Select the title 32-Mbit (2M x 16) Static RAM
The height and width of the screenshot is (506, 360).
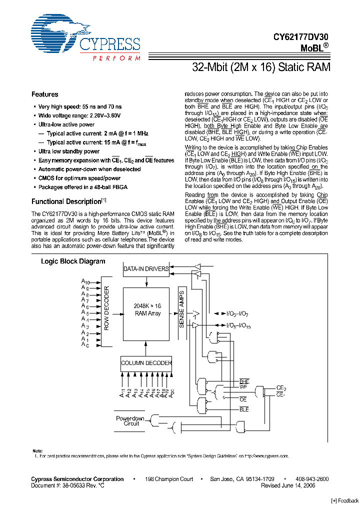pos(261,67)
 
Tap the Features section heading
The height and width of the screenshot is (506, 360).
pos(44,94)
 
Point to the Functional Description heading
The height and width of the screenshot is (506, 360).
pos(66,201)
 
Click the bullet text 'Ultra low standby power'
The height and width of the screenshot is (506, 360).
pos(69,151)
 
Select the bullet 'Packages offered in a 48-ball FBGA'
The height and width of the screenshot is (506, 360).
pos(83,187)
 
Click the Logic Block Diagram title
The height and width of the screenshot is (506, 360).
pos(73,261)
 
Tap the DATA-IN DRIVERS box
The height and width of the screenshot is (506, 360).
pos(146,269)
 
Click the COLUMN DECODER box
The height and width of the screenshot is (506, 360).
pos(146,363)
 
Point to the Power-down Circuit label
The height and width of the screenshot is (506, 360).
pos(130,421)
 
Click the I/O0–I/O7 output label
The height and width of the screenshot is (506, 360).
pos(238,313)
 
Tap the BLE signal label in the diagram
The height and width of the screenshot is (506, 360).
pos(244,409)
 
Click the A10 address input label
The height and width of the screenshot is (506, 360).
pos(85,282)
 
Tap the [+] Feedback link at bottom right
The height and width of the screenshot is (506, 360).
pos(344,500)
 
